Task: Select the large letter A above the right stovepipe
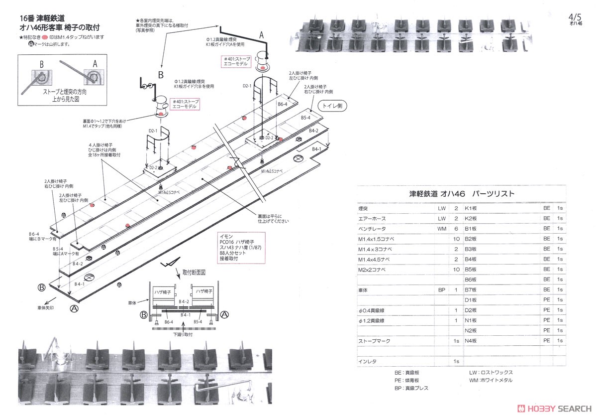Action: [x=261, y=34]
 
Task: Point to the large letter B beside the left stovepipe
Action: [x=160, y=74]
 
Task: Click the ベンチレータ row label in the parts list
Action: [x=372, y=229]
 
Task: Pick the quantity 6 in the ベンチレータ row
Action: [x=456, y=229]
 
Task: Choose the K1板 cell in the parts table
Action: [x=471, y=208]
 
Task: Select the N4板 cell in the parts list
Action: [x=471, y=341]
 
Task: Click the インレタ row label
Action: [x=367, y=361]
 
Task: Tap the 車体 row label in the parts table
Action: [x=363, y=289]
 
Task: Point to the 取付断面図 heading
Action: [x=194, y=273]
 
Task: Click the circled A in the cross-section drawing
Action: [x=224, y=314]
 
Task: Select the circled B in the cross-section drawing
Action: [x=144, y=314]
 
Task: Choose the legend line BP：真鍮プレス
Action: [x=411, y=388]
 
